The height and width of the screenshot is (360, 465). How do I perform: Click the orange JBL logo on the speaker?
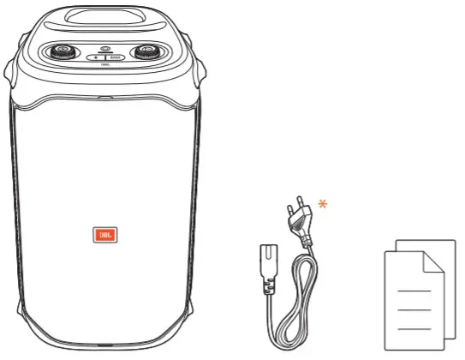coord(101,234)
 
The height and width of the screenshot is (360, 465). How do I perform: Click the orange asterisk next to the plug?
coord(323,204)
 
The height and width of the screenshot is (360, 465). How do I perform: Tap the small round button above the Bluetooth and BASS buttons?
coord(104,48)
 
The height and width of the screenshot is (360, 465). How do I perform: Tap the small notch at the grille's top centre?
coord(104,97)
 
